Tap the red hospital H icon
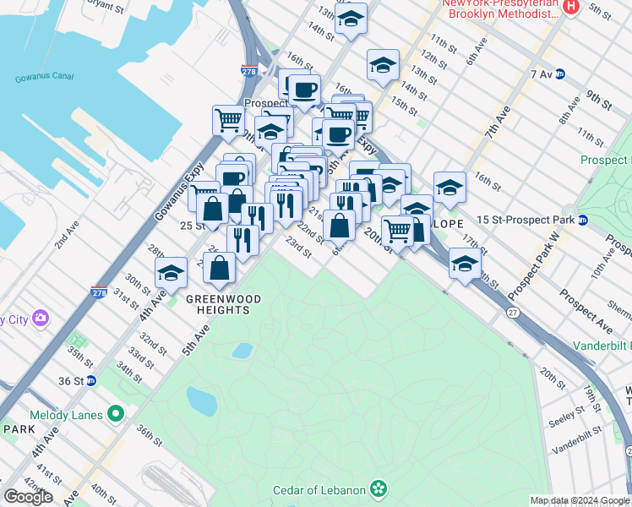pyautogui.click(x=570, y=7)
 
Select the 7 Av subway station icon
pyautogui.click(x=559, y=74)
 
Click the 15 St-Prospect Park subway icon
pyautogui.click(x=583, y=221)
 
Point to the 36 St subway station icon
pyautogui.click(x=91, y=381)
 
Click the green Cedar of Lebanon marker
pyautogui.click(x=379, y=489)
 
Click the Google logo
pyautogui.click(x=27, y=497)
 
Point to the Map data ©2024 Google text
pyautogui.click(x=580, y=500)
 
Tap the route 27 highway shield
pyautogui.click(x=513, y=312)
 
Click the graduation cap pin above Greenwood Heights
pyautogui.click(x=172, y=272)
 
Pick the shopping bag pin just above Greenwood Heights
pyautogui.click(x=219, y=268)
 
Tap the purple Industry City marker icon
pyautogui.click(x=40, y=319)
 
